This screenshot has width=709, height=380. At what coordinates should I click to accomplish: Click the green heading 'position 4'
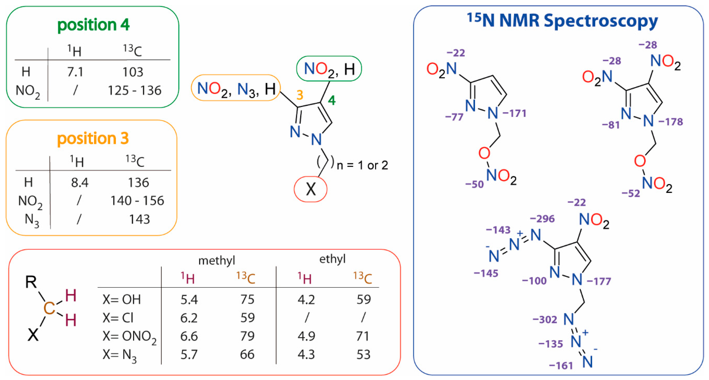pos(93,25)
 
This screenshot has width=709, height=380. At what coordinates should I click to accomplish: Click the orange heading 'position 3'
pos(93,138)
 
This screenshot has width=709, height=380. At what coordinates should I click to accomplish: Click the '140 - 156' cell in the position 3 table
pos(137,201)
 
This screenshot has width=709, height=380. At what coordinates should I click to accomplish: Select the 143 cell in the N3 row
pos(139,220)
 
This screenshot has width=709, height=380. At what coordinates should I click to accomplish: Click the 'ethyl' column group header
pos(332,259)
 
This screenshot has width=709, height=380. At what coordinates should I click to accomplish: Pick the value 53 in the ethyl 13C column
pos(363,355)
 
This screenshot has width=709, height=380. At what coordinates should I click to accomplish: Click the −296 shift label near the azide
pos(542,219)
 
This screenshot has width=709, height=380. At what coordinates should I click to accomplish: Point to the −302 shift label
pos(545,320)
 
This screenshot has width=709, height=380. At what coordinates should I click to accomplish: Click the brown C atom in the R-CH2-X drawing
pos(49,308)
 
